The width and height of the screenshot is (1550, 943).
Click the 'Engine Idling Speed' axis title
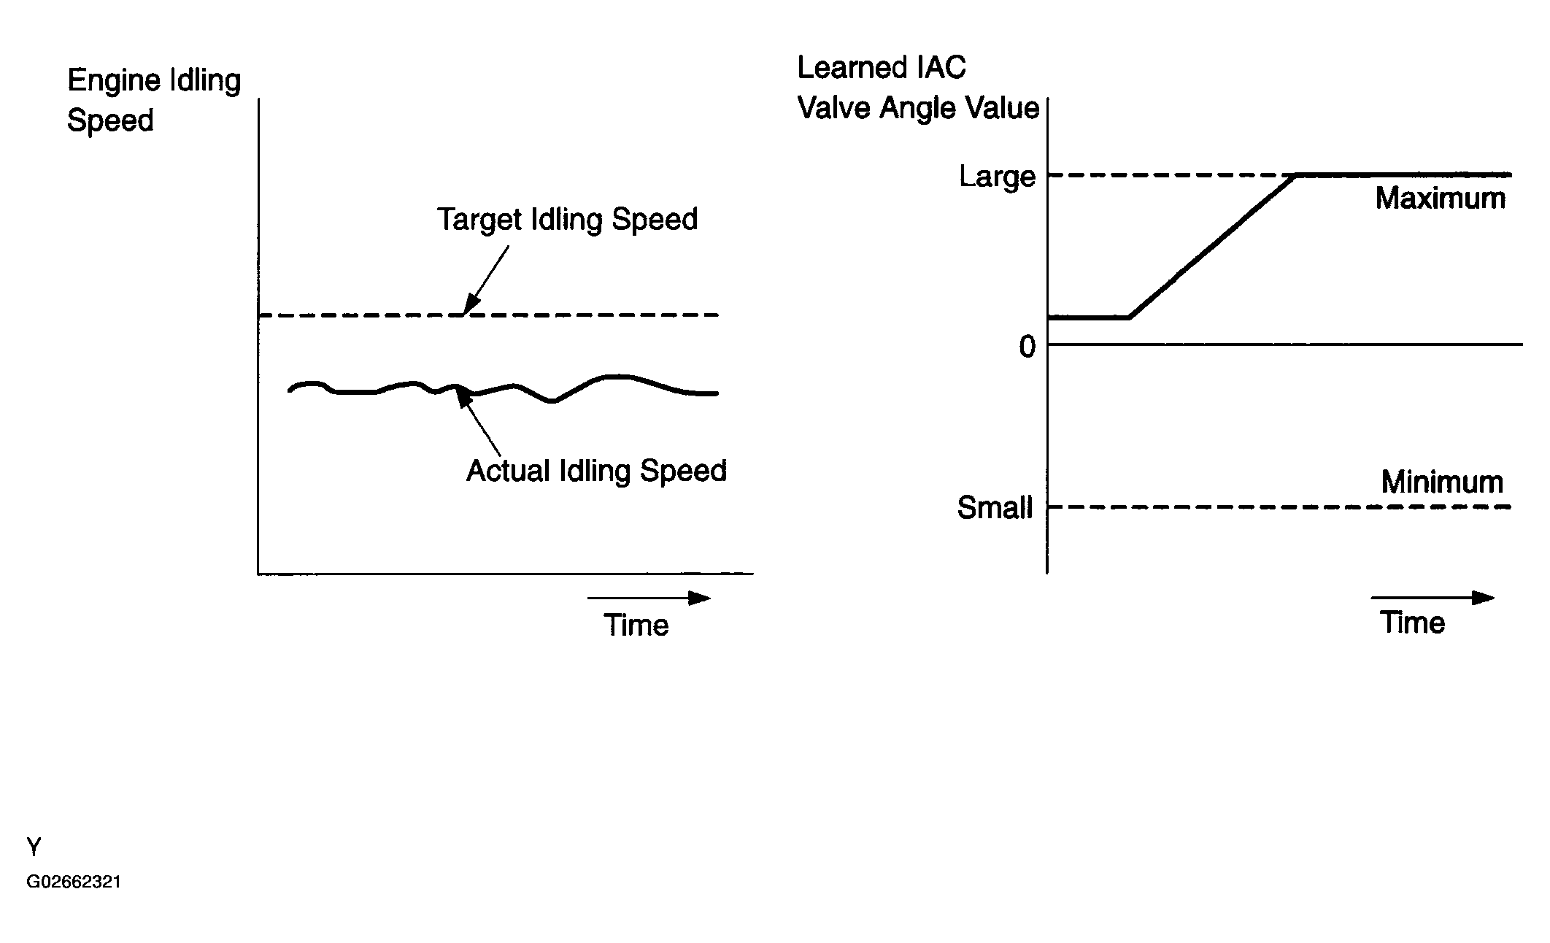[x=153, y=100]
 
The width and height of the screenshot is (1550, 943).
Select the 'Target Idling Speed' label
[x=567, y=220]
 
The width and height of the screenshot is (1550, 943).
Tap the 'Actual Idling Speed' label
[x=596, y=471]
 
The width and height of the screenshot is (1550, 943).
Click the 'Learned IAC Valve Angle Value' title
[x=917, y=88]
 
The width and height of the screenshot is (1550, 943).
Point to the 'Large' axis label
[x=997, y=177]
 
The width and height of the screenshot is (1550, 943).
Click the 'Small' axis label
[x=995, y=508]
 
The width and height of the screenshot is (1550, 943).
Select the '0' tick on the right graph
[x=1027, y=347]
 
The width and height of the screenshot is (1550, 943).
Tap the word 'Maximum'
[x=1440, y=199]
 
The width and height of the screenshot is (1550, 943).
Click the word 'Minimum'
[x=1442, y=482]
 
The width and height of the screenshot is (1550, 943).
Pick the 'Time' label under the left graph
[x=636, y=626]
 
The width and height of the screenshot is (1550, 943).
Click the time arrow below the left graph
[x=648, y=598]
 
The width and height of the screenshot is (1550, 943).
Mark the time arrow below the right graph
[x=1432, y=598]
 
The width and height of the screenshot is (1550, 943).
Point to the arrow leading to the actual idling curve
[x=479, y=423]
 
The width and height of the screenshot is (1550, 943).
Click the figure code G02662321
[x=74, y=882]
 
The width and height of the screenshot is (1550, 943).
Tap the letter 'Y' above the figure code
[x=34, y=847]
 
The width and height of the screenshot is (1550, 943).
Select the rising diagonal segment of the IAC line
[x=1211, y=247]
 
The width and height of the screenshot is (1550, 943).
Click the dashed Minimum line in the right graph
[x=1277, y=507]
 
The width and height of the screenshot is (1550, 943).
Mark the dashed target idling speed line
[x=584, y=315]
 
